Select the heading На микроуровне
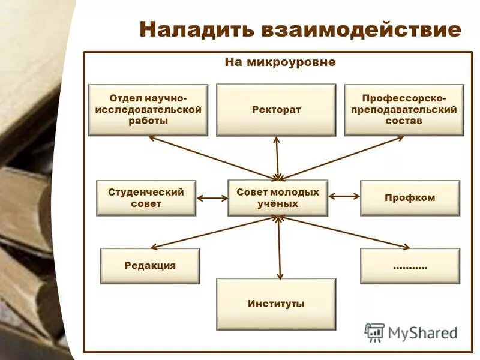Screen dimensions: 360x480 click(280, 62)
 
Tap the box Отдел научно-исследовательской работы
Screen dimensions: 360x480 click(148, 109)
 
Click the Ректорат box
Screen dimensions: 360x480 click(276, 110)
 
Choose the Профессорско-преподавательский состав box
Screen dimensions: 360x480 click(404, 109)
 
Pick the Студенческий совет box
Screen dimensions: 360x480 click(146, 198)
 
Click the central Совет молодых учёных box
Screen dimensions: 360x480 click(278, 198)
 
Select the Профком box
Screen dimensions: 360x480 click(410, 198)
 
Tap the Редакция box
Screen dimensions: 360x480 click(150, 266)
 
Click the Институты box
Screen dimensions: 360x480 click(276, 304)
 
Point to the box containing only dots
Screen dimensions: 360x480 click(410, 266)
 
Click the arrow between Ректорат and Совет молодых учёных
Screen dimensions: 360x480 click(277, 158)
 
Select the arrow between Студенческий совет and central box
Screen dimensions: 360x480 click(212, 198)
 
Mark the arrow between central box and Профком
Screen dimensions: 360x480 click(344, 196)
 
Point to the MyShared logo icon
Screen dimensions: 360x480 click(374, 332)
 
